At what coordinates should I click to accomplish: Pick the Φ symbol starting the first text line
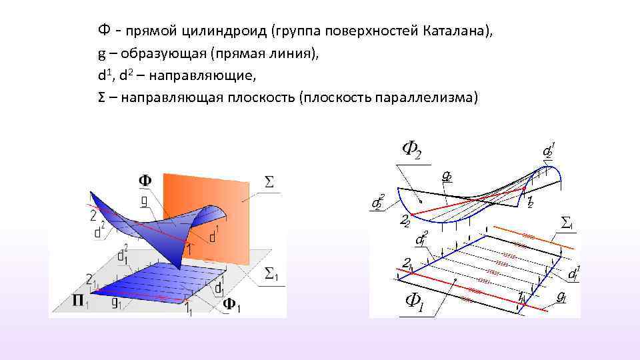(103, 31)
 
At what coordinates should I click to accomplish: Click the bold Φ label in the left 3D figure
(145, 180)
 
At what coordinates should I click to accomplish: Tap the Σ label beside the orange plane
(270, 181)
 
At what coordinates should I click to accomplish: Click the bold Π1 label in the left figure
(81, 301)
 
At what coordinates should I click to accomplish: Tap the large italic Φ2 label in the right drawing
(411, 151)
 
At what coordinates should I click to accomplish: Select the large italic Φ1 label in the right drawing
(414, 303)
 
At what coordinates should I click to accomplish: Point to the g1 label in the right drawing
(562, 295)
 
